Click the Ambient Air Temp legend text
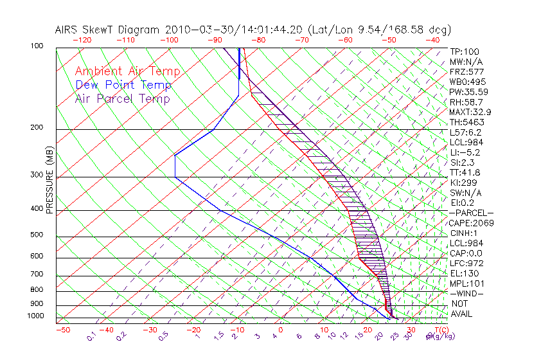pyautogui.click(x=127, y=72)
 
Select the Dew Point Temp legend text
pyautogui.click(x=123, y=85)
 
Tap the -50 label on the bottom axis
pyautogui.click(x=62, y=330)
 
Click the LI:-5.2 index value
pyautogui.click(x=465, y=152)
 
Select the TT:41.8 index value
pyautogui.click(x=465, y=172)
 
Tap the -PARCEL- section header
pyautogui.click(x=471, y=213)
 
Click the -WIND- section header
pyautogui.click(x=466, y=293)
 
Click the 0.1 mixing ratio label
pyautogui.click(x=92, y=336)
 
